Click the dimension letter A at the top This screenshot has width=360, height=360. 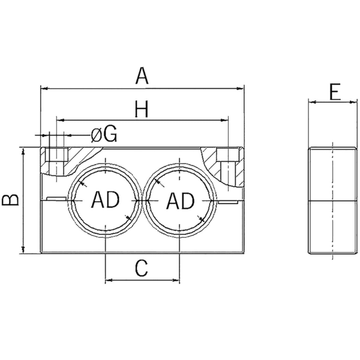coord(142,76)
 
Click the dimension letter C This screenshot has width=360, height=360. coord(142,269)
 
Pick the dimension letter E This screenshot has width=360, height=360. coord(335,92)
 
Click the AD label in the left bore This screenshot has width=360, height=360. coord(106,200)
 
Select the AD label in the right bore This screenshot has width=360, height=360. coord(179,200)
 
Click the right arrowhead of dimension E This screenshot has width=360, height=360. coord(353,103)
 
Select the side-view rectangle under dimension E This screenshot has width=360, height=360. coord(332,201)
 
